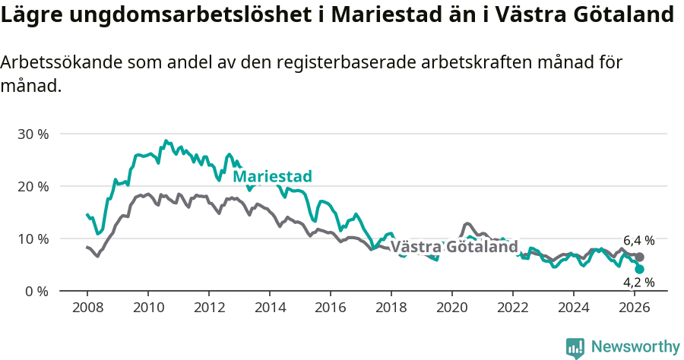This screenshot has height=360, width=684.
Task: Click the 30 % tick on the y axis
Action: coord(32,134)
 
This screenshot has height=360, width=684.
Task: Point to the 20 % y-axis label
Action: coord(32,186)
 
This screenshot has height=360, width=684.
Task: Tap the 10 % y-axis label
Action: coord(32,238)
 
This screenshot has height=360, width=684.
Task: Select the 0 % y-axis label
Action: coord(36,291)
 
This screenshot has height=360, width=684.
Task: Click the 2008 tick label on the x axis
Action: coord(87,308)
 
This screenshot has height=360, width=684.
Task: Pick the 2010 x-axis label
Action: coord(147,308)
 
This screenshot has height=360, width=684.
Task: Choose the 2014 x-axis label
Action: coord(269,308)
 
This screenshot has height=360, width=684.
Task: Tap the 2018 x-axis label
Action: coord(391,308)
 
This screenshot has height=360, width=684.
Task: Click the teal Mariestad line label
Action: coord(272,177)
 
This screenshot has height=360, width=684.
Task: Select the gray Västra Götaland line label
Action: coord(454,247)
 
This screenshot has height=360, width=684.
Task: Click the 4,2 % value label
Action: coord(638,283)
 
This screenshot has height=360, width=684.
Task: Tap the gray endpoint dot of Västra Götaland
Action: coord(639,257)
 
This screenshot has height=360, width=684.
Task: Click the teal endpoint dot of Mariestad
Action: coord(639,269)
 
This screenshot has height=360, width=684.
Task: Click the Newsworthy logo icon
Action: coord(575,347)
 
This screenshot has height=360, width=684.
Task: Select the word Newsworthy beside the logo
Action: coord(635,347)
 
